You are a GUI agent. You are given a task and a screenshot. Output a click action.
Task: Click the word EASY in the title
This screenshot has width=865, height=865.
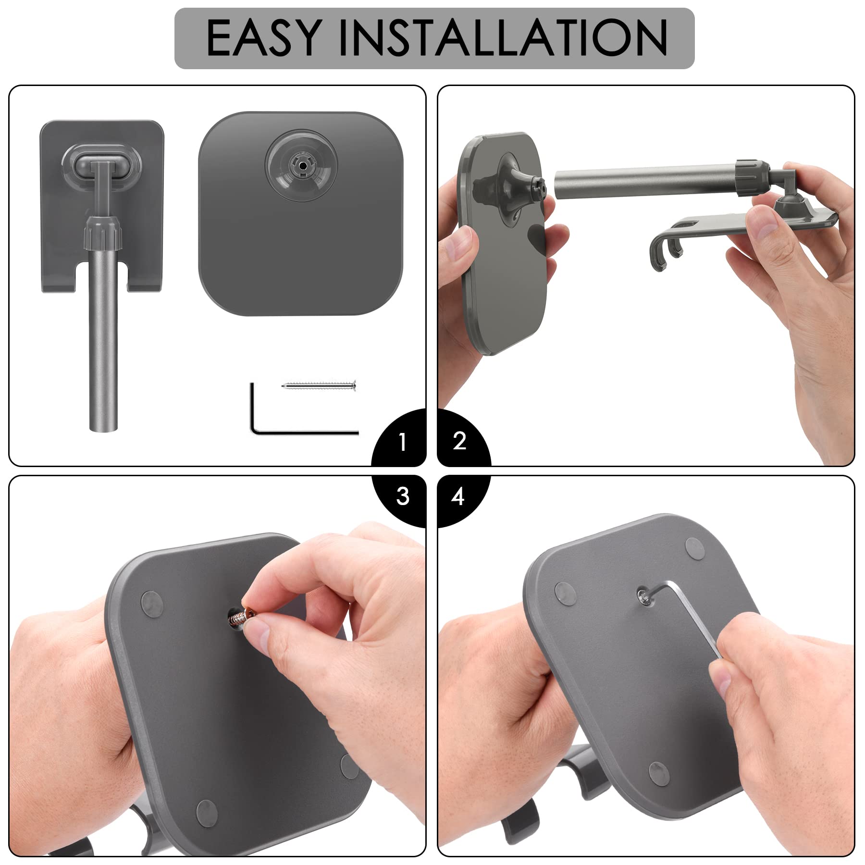[263, 38]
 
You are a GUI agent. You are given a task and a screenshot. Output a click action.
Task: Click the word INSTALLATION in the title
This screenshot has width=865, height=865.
[503, 38]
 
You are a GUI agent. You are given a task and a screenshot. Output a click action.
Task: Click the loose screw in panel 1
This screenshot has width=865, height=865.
[319, 385]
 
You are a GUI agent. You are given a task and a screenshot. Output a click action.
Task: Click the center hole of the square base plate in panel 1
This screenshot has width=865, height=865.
[301, 164]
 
